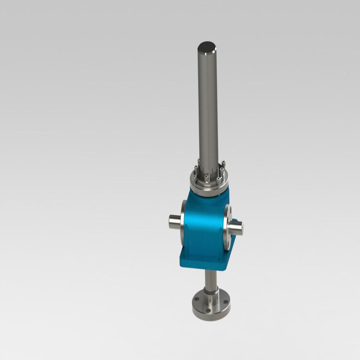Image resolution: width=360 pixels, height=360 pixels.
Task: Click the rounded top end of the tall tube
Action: (207, 47)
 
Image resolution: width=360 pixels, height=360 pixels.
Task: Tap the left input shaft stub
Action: (175, 221)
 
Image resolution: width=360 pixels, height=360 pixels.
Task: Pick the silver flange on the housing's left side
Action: (183, 223)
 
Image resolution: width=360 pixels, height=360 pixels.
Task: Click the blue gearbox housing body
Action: (203, 223)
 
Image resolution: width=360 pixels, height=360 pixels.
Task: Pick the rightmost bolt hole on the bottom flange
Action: (225, 302)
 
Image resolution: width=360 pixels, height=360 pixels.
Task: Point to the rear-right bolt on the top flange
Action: (223, 164)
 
